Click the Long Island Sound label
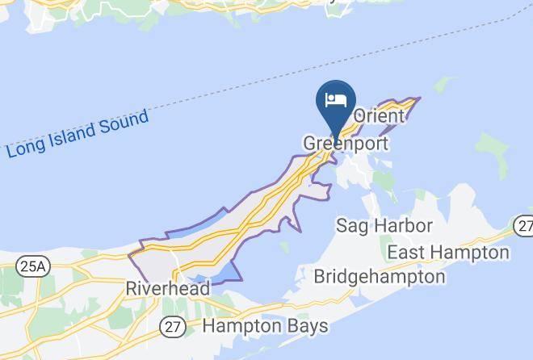point(78,134)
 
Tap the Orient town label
point(378,116)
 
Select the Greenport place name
point(346,144)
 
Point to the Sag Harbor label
point(384,225)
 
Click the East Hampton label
point(448,253)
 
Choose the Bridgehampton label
point(379,277)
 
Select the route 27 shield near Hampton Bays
point(174,326)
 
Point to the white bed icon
point(335,100)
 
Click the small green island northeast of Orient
point(443,85)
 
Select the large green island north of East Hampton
point(491,147)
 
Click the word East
point(407,253)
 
